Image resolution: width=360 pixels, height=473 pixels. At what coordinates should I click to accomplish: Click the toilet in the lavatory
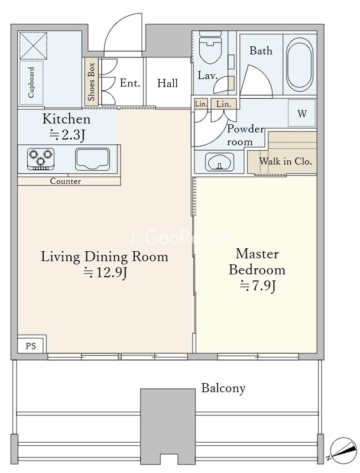210,48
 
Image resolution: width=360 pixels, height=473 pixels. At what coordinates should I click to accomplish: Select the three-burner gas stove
41,158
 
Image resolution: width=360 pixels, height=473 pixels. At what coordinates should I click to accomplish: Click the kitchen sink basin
92,159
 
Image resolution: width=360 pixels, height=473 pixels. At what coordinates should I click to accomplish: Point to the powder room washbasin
219,161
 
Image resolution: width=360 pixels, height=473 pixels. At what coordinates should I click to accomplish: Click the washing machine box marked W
302,113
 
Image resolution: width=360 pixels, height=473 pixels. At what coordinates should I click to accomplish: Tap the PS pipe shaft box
31,346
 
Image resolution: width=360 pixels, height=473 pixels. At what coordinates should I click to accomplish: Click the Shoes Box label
91,82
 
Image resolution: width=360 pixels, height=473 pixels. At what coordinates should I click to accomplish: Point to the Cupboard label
31,82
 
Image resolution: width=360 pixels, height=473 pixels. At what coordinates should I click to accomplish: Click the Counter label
66,181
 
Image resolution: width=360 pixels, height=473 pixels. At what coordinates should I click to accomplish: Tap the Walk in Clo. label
286,161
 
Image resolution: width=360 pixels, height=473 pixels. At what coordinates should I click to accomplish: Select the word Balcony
223,388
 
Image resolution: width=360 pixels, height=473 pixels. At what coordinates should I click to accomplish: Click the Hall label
167,83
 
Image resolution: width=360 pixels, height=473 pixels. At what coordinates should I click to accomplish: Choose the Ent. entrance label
130,83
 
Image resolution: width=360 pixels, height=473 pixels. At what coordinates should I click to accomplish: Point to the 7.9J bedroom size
258,286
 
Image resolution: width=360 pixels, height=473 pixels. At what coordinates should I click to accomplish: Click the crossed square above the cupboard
33,46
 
